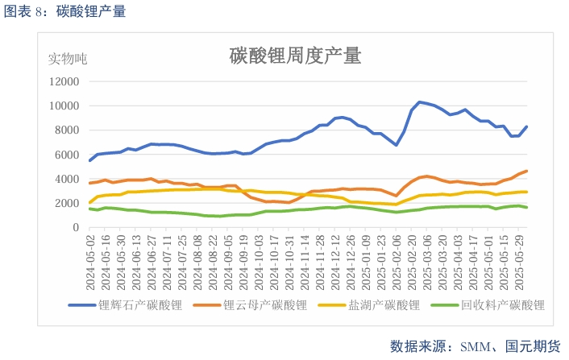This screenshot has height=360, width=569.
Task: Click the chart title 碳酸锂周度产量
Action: click(295, 56)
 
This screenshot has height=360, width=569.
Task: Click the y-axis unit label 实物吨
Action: click(68, 59)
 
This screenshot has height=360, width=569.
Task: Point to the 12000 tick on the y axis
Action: click(64, 81)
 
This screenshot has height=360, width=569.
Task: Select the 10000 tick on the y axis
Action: click(64, 106)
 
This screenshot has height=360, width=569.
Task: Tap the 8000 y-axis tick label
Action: click(66, 130)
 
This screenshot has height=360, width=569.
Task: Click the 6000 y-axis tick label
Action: click(66, 155)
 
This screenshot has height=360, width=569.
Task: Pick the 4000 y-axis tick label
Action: click(66, 179)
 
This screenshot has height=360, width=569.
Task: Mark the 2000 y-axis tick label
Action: click(66, 203)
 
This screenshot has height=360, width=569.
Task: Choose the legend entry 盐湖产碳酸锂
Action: click(384, 305)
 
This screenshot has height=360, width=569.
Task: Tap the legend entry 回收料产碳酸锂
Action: click(502, 305)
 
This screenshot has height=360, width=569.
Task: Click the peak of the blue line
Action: click(419, 102)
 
